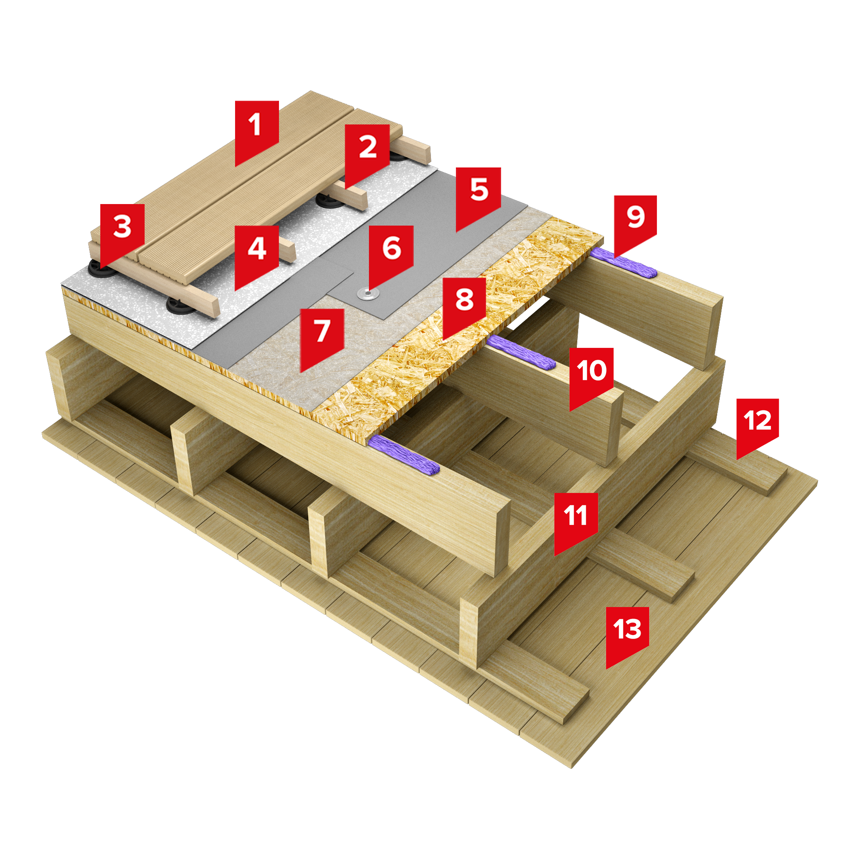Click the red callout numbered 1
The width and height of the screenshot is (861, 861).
coord(257,129)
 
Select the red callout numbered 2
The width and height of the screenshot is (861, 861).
coord(367,152)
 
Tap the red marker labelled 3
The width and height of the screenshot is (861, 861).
coord(122,232)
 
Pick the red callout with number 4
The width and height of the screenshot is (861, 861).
coord(257,254)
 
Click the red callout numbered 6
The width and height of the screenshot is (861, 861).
coord(391,254)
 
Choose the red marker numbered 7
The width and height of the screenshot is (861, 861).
coord(322,337)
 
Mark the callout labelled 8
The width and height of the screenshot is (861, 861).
coord(464,305)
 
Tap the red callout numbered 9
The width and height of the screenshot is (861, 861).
coord(635,223)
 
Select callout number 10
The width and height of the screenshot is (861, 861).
coord(592,375)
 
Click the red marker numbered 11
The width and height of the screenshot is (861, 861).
coord(576,520)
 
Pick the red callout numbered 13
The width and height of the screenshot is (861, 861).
coord(627,634)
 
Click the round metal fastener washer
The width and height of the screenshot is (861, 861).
coord(368,294)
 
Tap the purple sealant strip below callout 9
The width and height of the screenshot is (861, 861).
coord(623,263)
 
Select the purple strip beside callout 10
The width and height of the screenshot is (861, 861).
coord(521,352)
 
